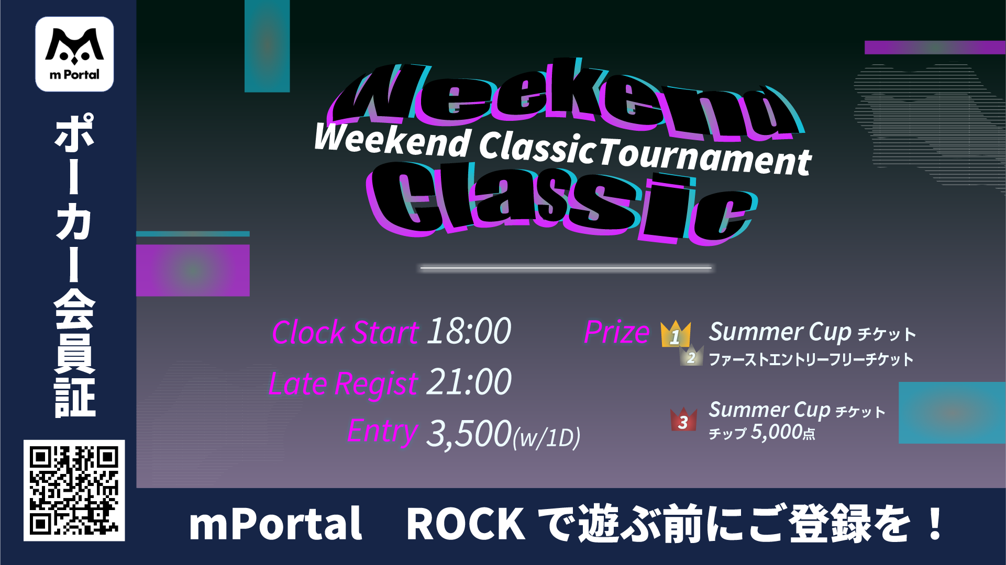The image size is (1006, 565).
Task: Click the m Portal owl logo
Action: click(74, 54)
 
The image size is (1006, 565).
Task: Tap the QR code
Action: click(74, 490)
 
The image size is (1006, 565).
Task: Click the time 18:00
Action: click(469, 331)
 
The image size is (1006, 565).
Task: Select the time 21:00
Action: click(469, 382)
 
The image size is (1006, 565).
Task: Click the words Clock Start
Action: click(345, 332)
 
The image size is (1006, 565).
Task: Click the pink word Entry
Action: click(382, 432)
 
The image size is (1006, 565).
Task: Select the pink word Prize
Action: click(617, 332)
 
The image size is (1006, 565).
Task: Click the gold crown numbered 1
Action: click(676, 334)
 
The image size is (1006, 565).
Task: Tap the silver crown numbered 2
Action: click(691, 356)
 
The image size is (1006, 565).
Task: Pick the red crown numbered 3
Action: click(683, 420)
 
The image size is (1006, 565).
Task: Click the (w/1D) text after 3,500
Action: click(546, 437)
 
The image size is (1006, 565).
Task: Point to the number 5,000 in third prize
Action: click(777, 432)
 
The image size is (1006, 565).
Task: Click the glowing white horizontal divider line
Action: click(566, 268)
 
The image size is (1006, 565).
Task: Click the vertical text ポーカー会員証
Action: click(74, 266)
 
